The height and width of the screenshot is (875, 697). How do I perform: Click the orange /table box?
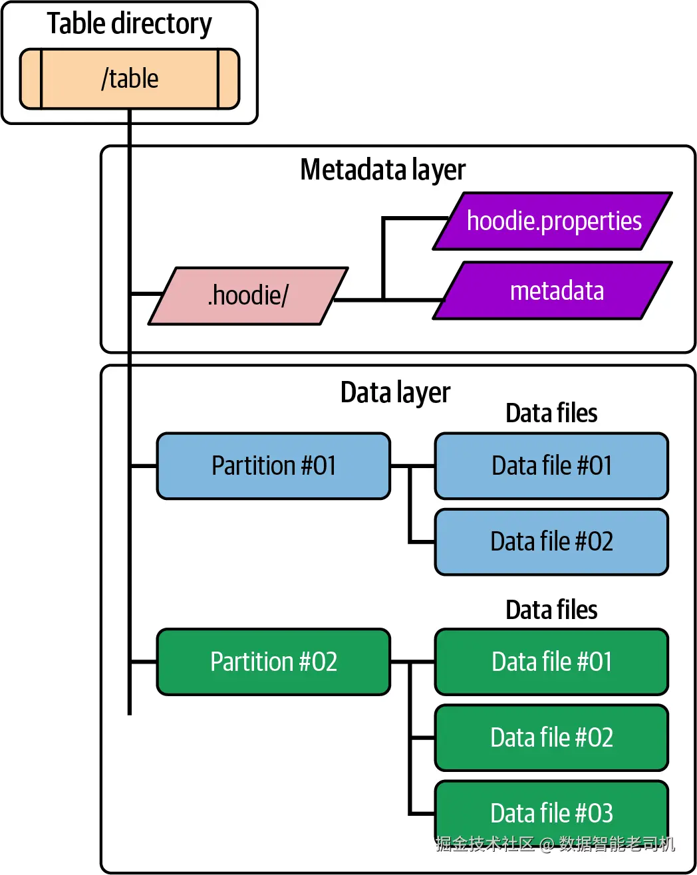130,78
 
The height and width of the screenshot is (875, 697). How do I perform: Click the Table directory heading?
130,24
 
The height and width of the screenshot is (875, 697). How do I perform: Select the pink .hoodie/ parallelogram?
248,296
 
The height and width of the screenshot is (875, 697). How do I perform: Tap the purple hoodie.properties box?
553,221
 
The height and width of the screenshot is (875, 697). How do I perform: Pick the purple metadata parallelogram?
553,291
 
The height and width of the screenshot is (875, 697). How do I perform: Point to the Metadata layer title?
382,170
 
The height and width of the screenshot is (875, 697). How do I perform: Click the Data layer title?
395,392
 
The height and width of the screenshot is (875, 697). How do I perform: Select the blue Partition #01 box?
273,465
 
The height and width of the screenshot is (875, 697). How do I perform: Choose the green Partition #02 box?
273,662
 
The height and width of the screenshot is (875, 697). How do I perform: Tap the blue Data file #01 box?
551,465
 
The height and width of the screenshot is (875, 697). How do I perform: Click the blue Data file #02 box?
551,541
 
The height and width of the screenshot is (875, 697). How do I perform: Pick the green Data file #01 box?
551,662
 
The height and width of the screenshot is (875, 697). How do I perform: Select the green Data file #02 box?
551,737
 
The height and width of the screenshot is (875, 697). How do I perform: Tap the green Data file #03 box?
551,812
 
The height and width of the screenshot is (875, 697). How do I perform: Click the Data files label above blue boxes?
551,413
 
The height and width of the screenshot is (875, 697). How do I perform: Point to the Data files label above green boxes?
551,610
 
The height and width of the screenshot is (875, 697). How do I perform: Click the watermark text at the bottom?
555,844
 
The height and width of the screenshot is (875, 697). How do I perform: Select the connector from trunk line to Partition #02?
144,662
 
